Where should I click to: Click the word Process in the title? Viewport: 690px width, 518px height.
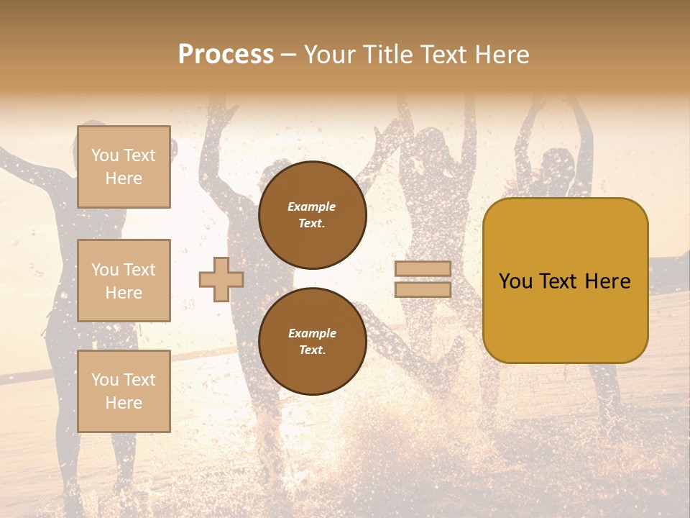point(226,55)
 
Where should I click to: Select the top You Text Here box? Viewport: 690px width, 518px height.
point(124,167)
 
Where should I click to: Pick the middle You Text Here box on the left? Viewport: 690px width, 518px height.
point(124,281)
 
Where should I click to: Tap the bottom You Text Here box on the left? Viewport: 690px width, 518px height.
point(124,391)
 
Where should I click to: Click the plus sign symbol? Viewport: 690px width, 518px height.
point(221,279)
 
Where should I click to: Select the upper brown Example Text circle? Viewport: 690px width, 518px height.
point(312,215)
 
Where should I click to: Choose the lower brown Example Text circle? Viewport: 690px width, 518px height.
point(312,342)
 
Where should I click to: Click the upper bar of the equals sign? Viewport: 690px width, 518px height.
point(423,268)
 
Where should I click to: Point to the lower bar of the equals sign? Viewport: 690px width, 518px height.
point(423,289)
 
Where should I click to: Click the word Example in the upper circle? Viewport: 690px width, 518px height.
point(312,206)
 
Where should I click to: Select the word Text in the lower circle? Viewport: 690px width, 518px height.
point(312,350)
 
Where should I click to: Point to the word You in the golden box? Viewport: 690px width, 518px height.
point(515,281)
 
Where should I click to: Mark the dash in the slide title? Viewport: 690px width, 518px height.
point(288,55)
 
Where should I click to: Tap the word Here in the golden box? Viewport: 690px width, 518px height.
point(607,281)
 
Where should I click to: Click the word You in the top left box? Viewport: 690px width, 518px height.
point(105,155)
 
